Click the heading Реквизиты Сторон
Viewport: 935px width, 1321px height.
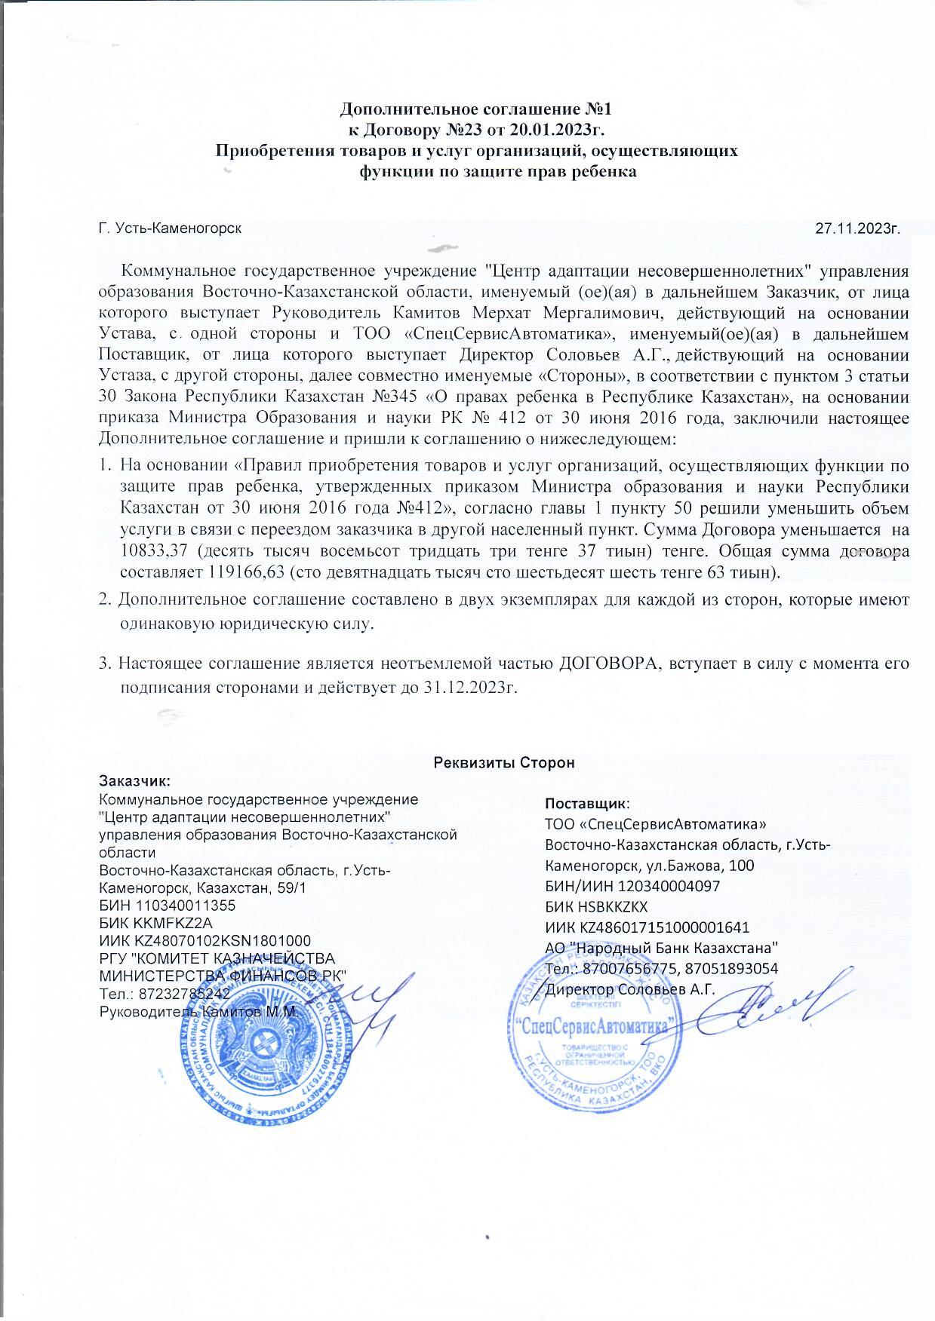tap(504, 762)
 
